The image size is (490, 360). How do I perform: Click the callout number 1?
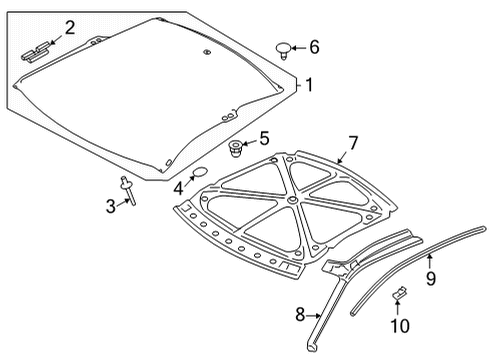[x=309, y=86]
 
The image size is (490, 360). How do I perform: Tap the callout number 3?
[x=111, y=206]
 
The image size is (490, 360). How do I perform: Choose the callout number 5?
[x=264, y=139]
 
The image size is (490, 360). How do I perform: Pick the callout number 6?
[x=314, y=47]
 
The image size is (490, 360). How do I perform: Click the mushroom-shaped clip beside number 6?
[x=286, y=47]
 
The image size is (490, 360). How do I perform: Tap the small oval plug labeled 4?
[x=199, y=173]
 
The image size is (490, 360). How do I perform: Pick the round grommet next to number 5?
[x=238, y=149]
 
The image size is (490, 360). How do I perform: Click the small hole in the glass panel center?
[x=204, y=51]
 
